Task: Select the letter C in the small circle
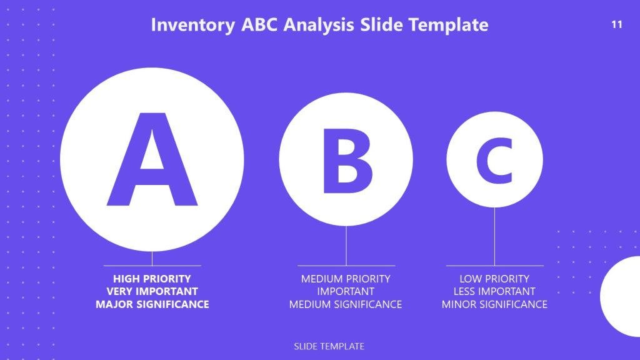[x=494, y=160]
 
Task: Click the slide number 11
[x=617, y=25]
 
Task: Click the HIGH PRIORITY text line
[x=152, y=279]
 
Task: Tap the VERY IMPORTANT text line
[x=152, y=291]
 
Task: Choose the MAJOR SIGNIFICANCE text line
[x=152, y=304]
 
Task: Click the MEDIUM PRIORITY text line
[x=346, y=279]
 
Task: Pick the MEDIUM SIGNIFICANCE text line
[x=346, y=304]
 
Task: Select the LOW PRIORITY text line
[x=494, y=279]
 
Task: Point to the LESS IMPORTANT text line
[x=494, y=291]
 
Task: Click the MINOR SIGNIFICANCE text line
[x=494, y=304]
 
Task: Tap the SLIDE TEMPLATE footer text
[x=329, y=346]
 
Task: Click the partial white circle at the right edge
[x=622, y=297]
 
